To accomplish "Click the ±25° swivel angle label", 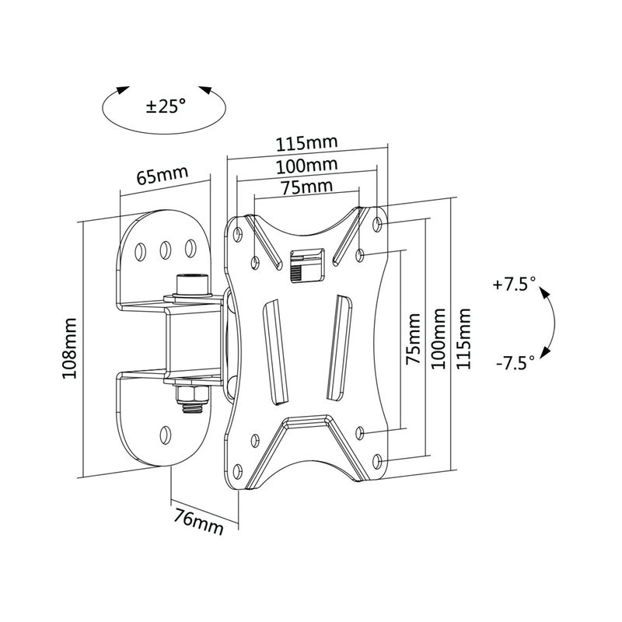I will [166, 106].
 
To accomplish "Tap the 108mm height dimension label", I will [71, 348].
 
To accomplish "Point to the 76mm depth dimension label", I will [197, 520].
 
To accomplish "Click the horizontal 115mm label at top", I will [305, 143].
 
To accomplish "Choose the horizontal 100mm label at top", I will [306, 165].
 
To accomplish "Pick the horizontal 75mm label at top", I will [306, 187].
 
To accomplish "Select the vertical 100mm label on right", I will [438, 340].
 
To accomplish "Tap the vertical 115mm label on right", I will [464, 340].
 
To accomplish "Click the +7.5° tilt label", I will [514, 285].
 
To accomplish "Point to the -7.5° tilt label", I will [514, 362].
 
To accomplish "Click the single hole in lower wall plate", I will [165, 433].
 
